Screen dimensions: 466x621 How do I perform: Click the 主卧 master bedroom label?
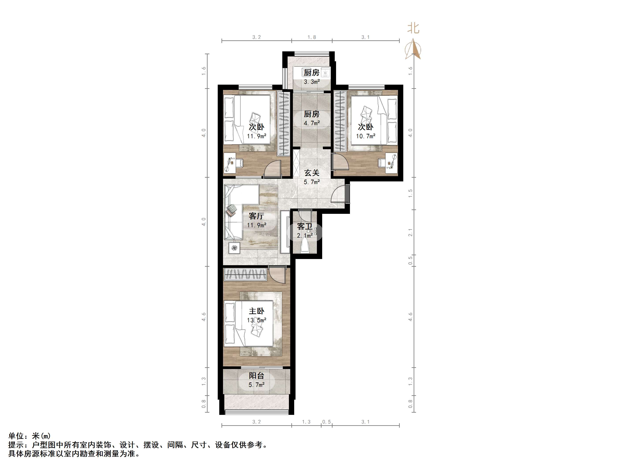pos(256,311)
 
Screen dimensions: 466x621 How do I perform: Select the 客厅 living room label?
pos(256,216)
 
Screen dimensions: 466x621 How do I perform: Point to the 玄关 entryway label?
pos(312,173)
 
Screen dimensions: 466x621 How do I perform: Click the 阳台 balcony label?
pos(256,376)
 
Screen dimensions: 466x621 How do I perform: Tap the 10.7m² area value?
pos(366,136)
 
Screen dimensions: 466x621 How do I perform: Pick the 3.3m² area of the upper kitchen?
pos(312,82)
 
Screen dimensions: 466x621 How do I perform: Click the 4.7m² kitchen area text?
pos(312,123)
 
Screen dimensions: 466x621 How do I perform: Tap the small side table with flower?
pos(234,248)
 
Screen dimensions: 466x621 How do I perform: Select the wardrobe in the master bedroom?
pos(245,274)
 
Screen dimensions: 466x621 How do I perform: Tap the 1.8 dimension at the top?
pos(312,37)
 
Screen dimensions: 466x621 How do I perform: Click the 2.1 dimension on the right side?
pos(411,232)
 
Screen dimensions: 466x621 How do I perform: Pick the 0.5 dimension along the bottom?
pos(327,422)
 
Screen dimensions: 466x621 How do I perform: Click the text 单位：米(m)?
pos(30,436)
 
